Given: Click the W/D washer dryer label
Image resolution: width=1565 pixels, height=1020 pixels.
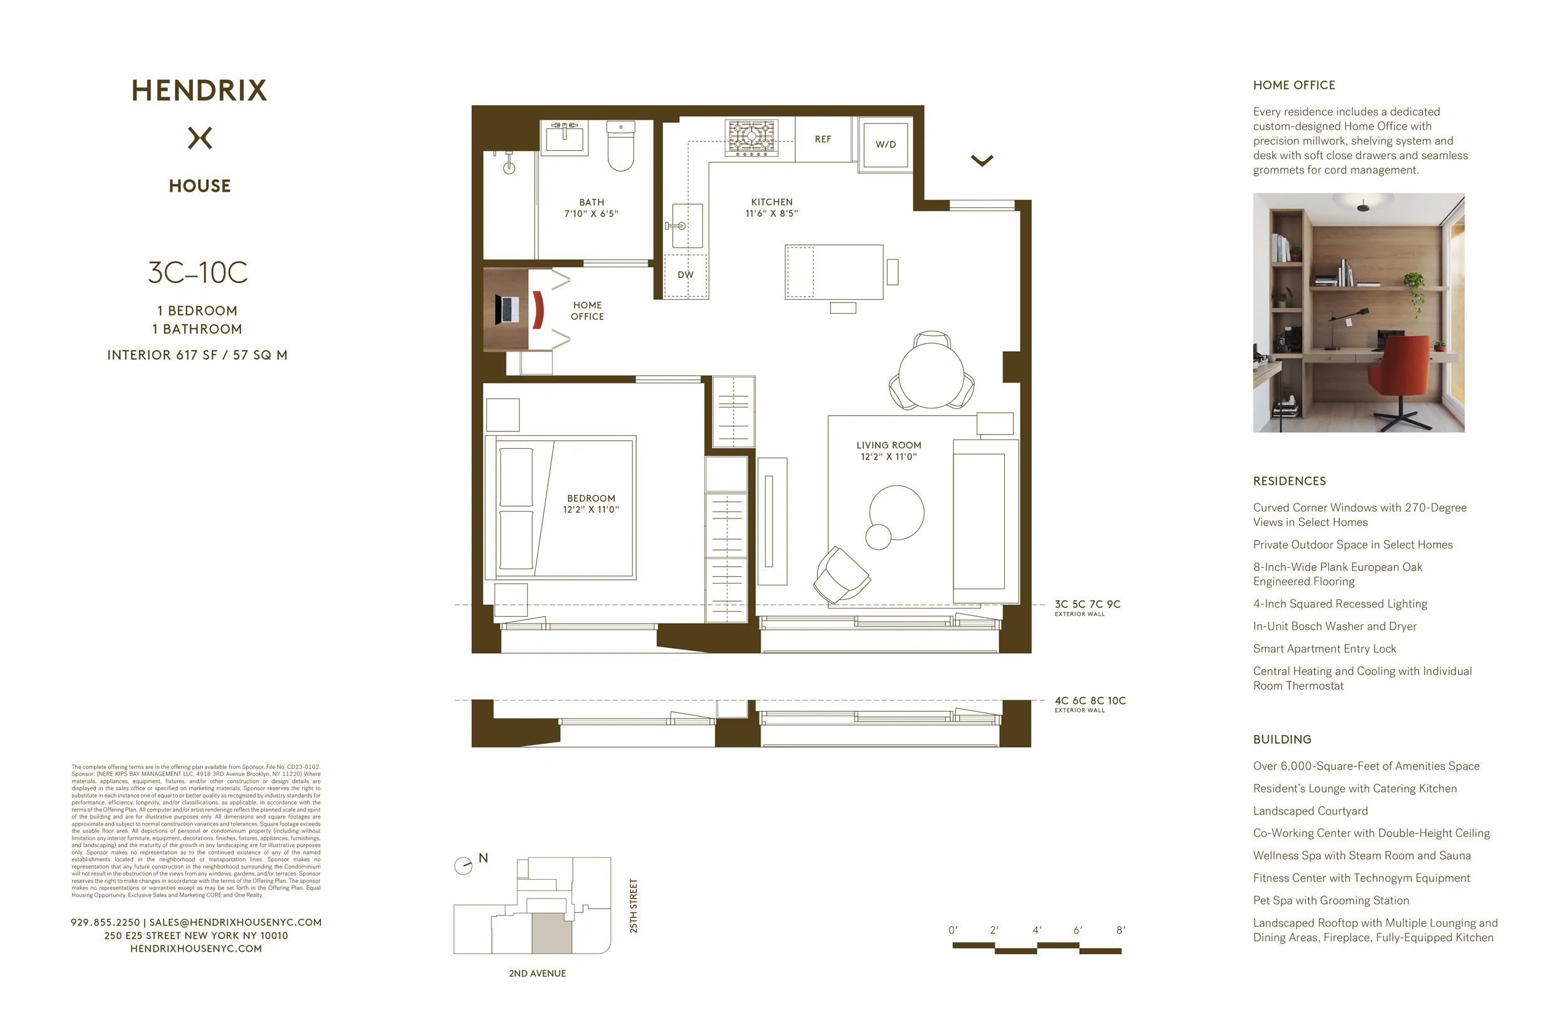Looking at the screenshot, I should tap(885, 144).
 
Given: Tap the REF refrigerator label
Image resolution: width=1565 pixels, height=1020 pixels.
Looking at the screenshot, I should tap(823, 139).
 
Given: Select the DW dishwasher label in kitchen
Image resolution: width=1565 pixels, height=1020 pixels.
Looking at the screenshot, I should tap(685, 275).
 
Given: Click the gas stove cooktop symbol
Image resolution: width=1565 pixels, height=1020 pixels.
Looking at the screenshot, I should tap(751, 138).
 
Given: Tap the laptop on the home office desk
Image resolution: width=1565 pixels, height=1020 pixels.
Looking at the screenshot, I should tap(508, 309).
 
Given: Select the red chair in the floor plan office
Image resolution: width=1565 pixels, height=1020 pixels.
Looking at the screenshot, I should tap(538, 310).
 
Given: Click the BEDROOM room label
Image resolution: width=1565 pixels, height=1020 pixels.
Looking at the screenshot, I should tap(591, 498).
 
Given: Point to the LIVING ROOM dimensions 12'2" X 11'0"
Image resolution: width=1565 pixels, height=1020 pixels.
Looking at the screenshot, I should tap(888, 456).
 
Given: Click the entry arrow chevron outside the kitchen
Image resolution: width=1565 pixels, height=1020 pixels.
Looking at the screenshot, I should tap(982, 160).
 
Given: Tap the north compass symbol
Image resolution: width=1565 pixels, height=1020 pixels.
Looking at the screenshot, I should tap(464, 865).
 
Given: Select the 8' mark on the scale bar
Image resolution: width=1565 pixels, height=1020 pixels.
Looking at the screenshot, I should tap(1121, 930).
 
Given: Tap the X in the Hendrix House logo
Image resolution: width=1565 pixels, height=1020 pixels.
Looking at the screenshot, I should tap(200, 138).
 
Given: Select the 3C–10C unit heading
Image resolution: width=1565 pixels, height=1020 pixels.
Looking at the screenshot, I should tap(198, 272).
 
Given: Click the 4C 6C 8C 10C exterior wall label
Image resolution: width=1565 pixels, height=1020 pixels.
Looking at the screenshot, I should tap(1090, 701).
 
